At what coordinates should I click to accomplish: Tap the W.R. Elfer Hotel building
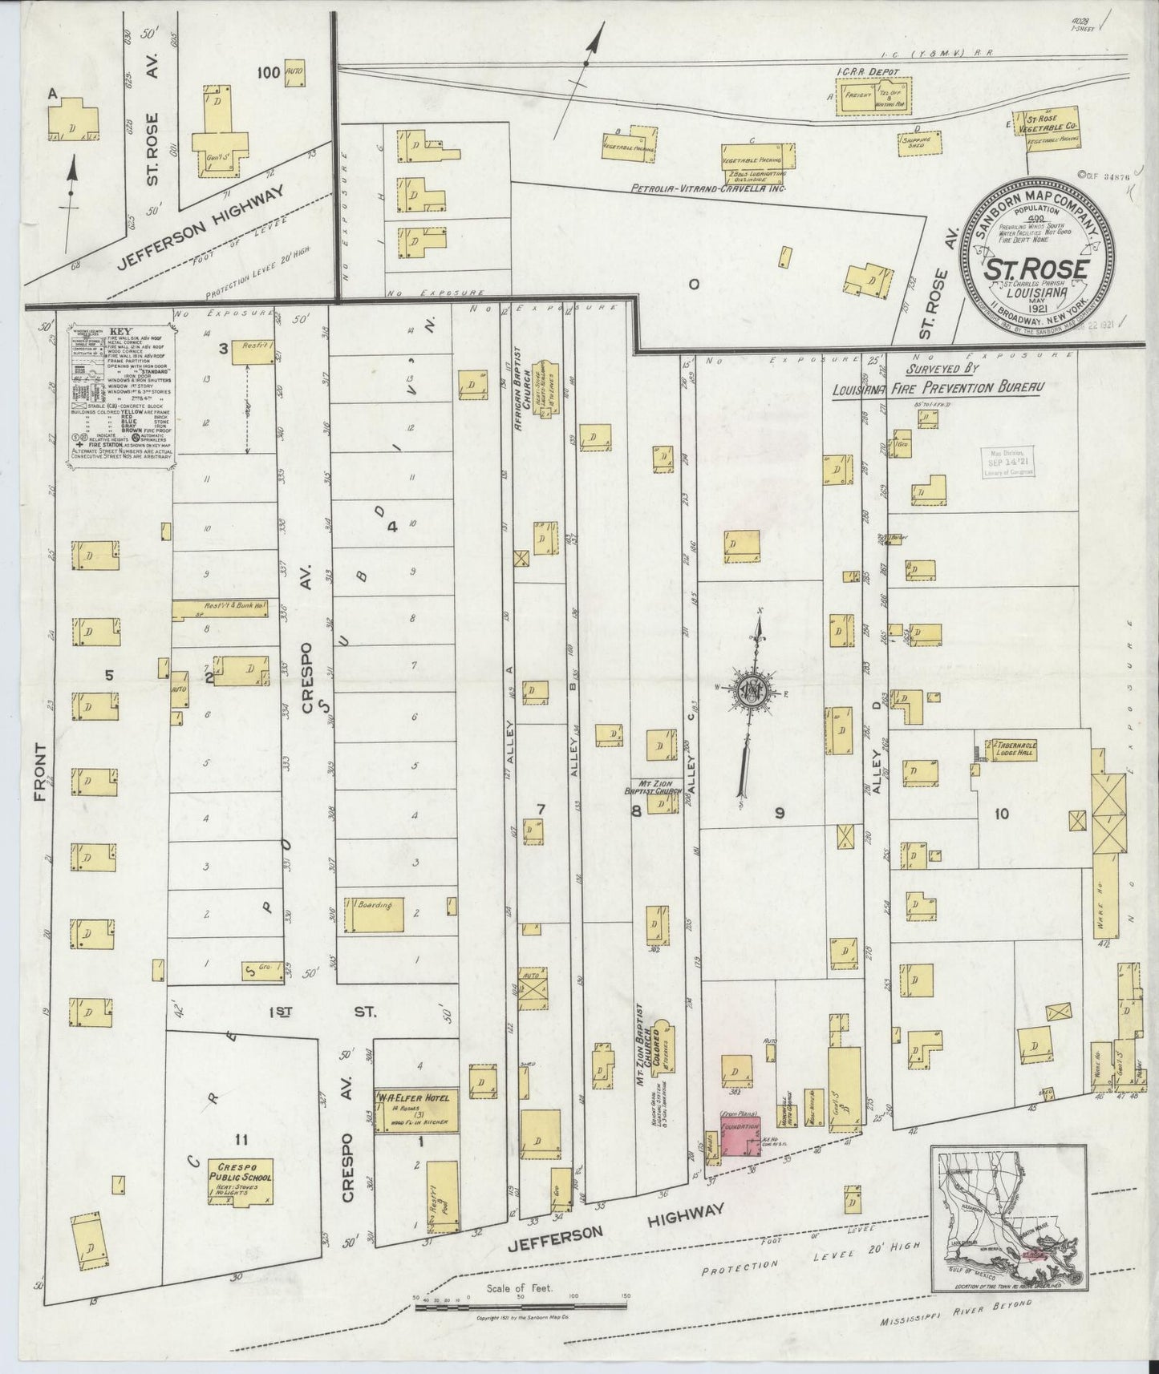pyautogui.click(x=416, y=1110)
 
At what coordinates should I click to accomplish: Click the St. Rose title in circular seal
pyautogui.click(x=1036, y=265)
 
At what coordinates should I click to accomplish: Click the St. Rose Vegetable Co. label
pyautogui.click(x=1052, y=123)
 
